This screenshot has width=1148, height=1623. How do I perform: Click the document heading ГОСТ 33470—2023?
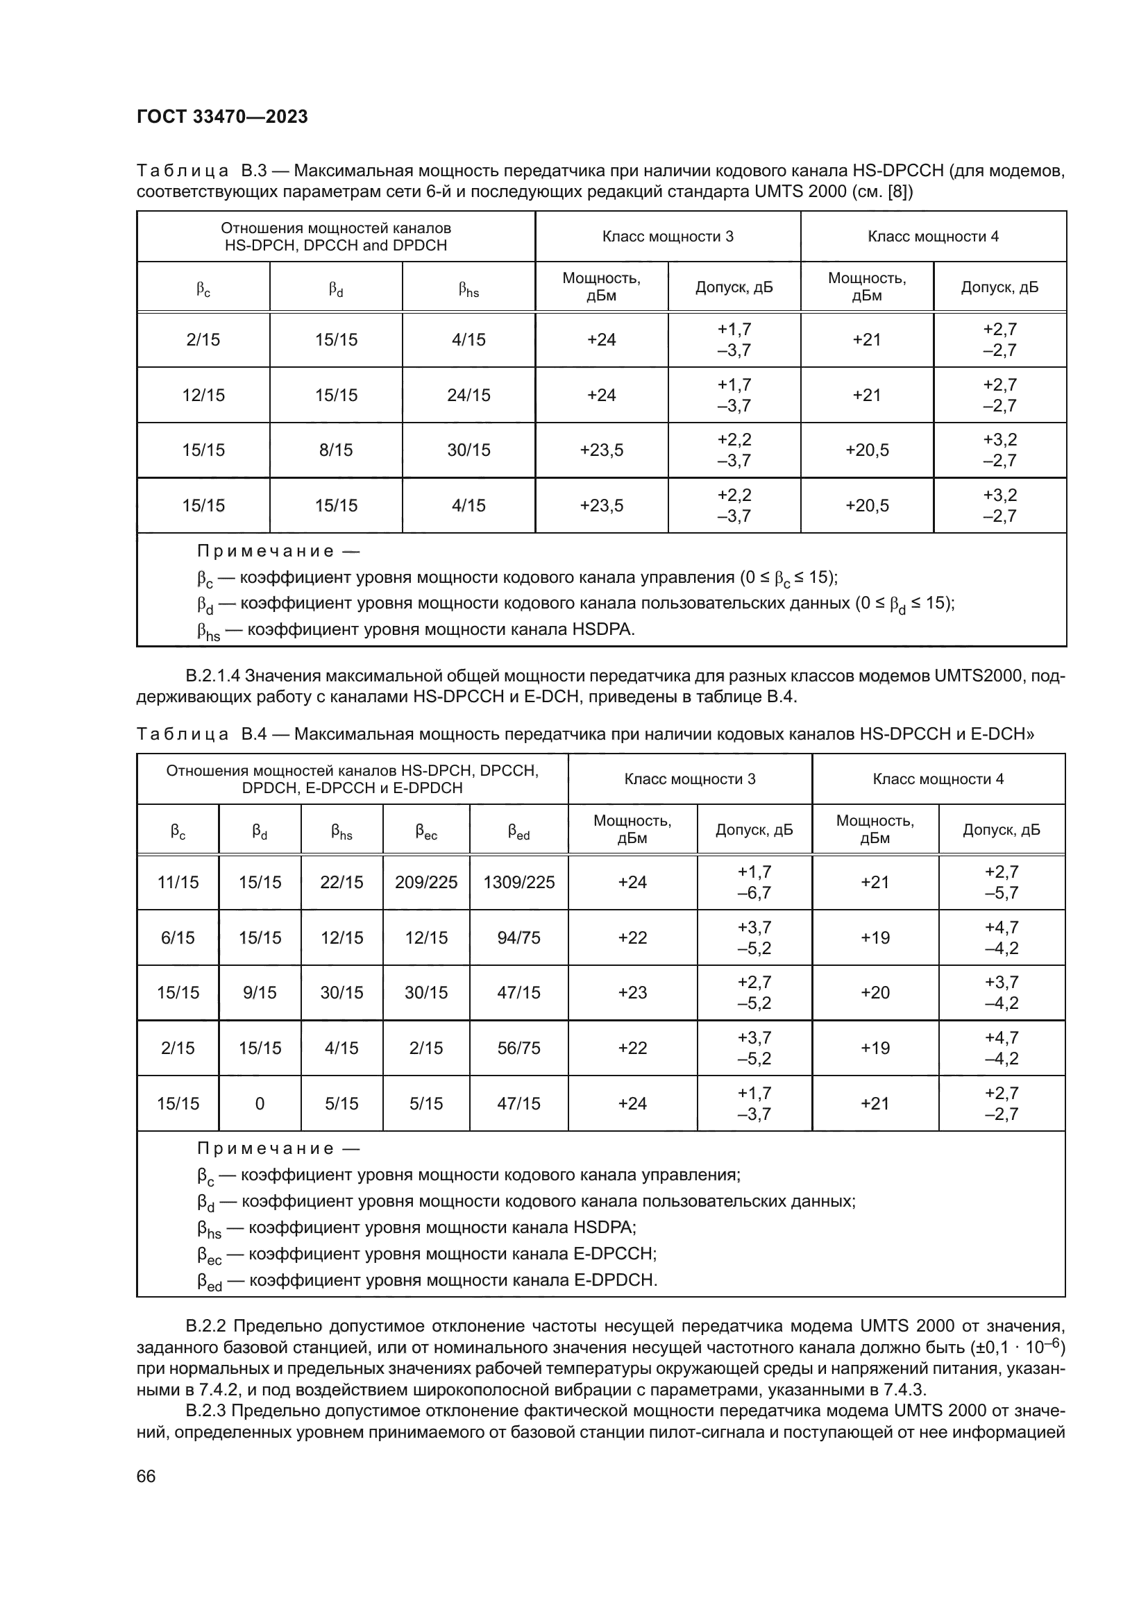(222, 117)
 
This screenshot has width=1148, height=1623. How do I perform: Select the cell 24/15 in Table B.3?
(468, 395)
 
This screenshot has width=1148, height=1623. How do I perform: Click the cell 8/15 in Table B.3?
(336, 450)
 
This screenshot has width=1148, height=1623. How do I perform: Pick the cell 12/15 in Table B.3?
(203, 395)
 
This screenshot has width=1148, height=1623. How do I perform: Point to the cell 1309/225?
(518, 882)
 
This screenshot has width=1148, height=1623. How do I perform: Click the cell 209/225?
(425, 882)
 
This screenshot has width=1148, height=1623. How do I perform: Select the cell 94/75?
(518, 938)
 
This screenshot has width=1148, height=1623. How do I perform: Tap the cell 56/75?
(518, 1048)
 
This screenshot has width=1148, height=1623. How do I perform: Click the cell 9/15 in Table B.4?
(260, 992)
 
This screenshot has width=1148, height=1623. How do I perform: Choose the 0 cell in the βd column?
(260, 1103)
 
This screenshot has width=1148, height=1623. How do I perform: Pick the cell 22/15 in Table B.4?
(341, 882)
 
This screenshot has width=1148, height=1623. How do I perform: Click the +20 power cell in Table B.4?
(875, 992)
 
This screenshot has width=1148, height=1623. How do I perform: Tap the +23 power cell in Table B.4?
(632, 992)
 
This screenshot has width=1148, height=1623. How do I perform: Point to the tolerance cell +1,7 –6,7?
(754, 882)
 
